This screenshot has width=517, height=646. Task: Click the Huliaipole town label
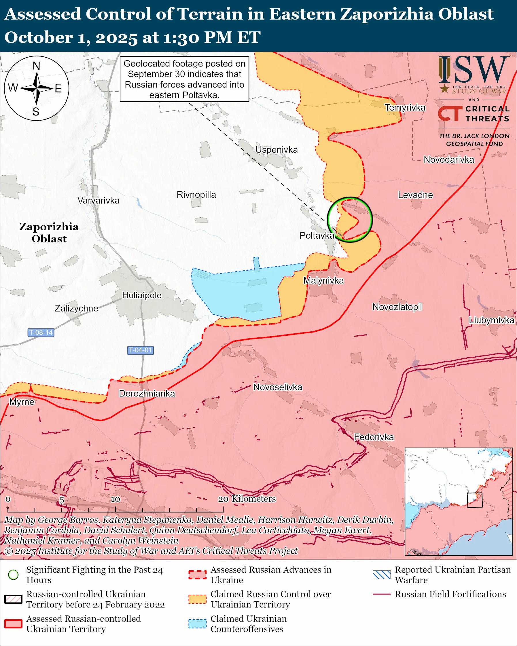pos(142,295)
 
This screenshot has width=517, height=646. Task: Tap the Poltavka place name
pos(317,235)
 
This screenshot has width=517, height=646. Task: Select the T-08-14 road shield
pos(41,332)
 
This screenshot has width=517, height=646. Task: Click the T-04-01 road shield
pos(140,350)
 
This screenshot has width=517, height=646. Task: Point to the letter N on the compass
pos(36,66)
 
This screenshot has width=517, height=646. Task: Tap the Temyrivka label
pos(405,108)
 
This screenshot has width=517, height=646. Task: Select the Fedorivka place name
pos(374,437)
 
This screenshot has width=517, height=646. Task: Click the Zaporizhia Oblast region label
pos(49,233)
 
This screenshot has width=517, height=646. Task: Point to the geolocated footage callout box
pos(184,79)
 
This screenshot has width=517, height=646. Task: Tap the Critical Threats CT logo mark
pos(450,113)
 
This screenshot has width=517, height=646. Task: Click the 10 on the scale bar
pos(115,499)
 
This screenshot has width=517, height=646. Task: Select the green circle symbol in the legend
pos(13,575)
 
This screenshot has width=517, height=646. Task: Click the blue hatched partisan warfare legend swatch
pos(382,575)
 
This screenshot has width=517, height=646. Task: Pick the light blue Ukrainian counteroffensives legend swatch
pos(198,624)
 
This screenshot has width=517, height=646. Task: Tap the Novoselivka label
pos(278,387)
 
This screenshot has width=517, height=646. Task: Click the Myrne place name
pos(22,402)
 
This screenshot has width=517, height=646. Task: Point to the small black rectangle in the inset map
pos(475,500)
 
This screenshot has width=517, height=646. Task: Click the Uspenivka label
pos(276,149)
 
